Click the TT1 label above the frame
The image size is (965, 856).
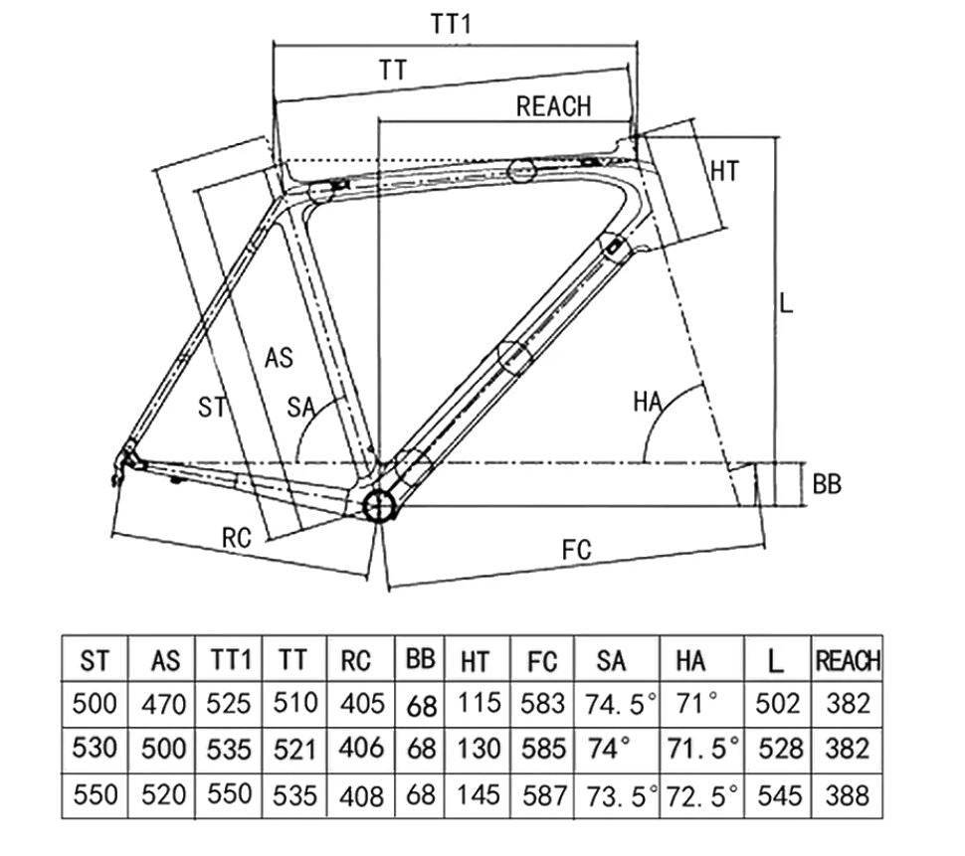pyautogui.click(x=451, y=25)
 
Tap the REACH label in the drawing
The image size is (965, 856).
pyautogui.click(x=553, y=106)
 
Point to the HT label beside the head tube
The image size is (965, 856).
pyautogui.click(x=724, y=171)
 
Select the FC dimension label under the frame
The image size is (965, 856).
pyautogui.click(x=576, y=549)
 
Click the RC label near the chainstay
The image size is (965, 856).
pyautogui.click(x=236, y=538)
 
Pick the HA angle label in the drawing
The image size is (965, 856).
pyautogui.click(x=648, y=402)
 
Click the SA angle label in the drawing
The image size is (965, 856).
pyautogui.click(x=301, y=406)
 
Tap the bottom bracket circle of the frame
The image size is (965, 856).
pyautogui.click(x=379, y=506)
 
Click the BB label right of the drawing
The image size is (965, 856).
pyautogui.click(x=827, y=484)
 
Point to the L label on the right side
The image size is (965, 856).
pyautogui.click(x=786, y=303)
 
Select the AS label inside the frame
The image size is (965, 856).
pyautogui.click(x=280, y=357)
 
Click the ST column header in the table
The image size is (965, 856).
pyautogui.click(x=96, y=660)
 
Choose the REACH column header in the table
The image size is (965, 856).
pyautogui.click(x=848, y=660)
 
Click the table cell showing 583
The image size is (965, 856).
pyautogui.click(x=543, y=705)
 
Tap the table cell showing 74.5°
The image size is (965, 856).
pyautogui.click(x=617, y=705)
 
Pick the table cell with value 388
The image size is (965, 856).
pyautogui.click(x=848, y=794)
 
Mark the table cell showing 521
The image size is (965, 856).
pyautogui.click(x=294, y=749)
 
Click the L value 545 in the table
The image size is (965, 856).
pyautogui.click(x=779, y=794)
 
